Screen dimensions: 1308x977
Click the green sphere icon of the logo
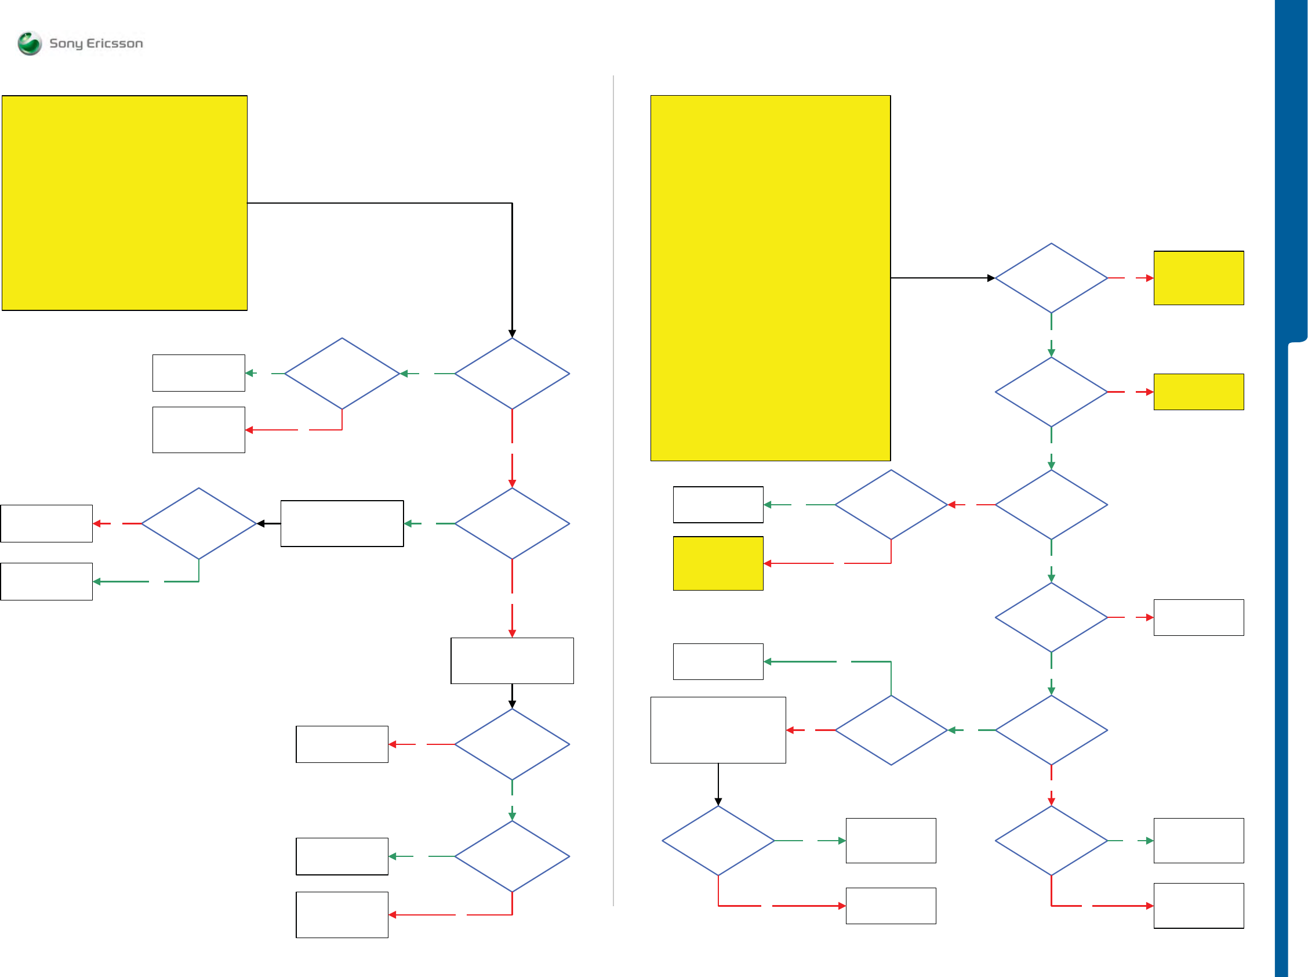click(30, 43)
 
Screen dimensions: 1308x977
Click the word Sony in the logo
click(66, 43)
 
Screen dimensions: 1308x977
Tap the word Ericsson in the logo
click(115, 43)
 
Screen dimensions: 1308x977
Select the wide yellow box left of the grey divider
click(124, 203)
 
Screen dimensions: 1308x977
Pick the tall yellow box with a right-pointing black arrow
click(770, 278)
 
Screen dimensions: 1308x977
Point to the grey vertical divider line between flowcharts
click(613, 491)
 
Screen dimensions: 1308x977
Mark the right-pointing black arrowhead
click(991, 278)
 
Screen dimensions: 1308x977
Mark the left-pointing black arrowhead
click(261, 523)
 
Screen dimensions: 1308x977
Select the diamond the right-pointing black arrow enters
click(1051, 278)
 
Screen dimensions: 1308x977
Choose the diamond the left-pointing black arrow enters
click(199, 523)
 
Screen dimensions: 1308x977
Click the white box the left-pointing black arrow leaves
click(342, 523)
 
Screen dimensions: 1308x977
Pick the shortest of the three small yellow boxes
click(1198, 392)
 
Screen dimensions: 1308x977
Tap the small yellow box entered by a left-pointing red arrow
click(718, 563)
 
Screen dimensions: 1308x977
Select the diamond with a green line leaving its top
click(891, 730)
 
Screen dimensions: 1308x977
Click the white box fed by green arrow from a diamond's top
click(718, 661)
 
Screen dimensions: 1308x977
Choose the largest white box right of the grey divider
click(718, 730)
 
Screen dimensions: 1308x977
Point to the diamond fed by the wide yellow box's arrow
click(512, 373)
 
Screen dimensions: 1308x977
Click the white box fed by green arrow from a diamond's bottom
click(46, 581)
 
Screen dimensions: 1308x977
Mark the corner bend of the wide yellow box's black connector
click(512, 203)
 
